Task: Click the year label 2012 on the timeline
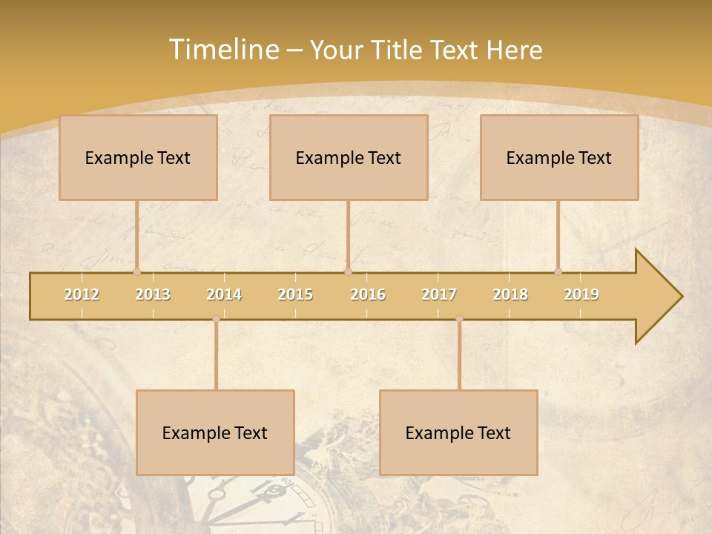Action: coord(82,294)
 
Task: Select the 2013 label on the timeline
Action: coord(153,294)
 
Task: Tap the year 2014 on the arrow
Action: coord(224,294)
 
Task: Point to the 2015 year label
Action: coord(295,294)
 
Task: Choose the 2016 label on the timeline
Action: coord(368,294)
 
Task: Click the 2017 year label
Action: coord(439,294)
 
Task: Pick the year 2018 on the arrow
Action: coord(510,294)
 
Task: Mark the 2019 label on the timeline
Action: coord(581,294)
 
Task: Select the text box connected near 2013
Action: coord(138,158)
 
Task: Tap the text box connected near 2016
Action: coord(349,158)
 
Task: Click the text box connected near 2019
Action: coord(559,158)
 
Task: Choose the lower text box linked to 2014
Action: coord(215,433)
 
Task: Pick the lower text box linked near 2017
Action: coord(458,433)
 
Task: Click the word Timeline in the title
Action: coord(222,50)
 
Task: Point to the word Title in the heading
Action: coord(396,50)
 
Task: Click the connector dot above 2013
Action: coord(137,271)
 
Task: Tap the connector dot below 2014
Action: coord(216,319)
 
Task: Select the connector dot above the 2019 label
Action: coord(558,271)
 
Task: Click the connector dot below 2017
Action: coord(459,319)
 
